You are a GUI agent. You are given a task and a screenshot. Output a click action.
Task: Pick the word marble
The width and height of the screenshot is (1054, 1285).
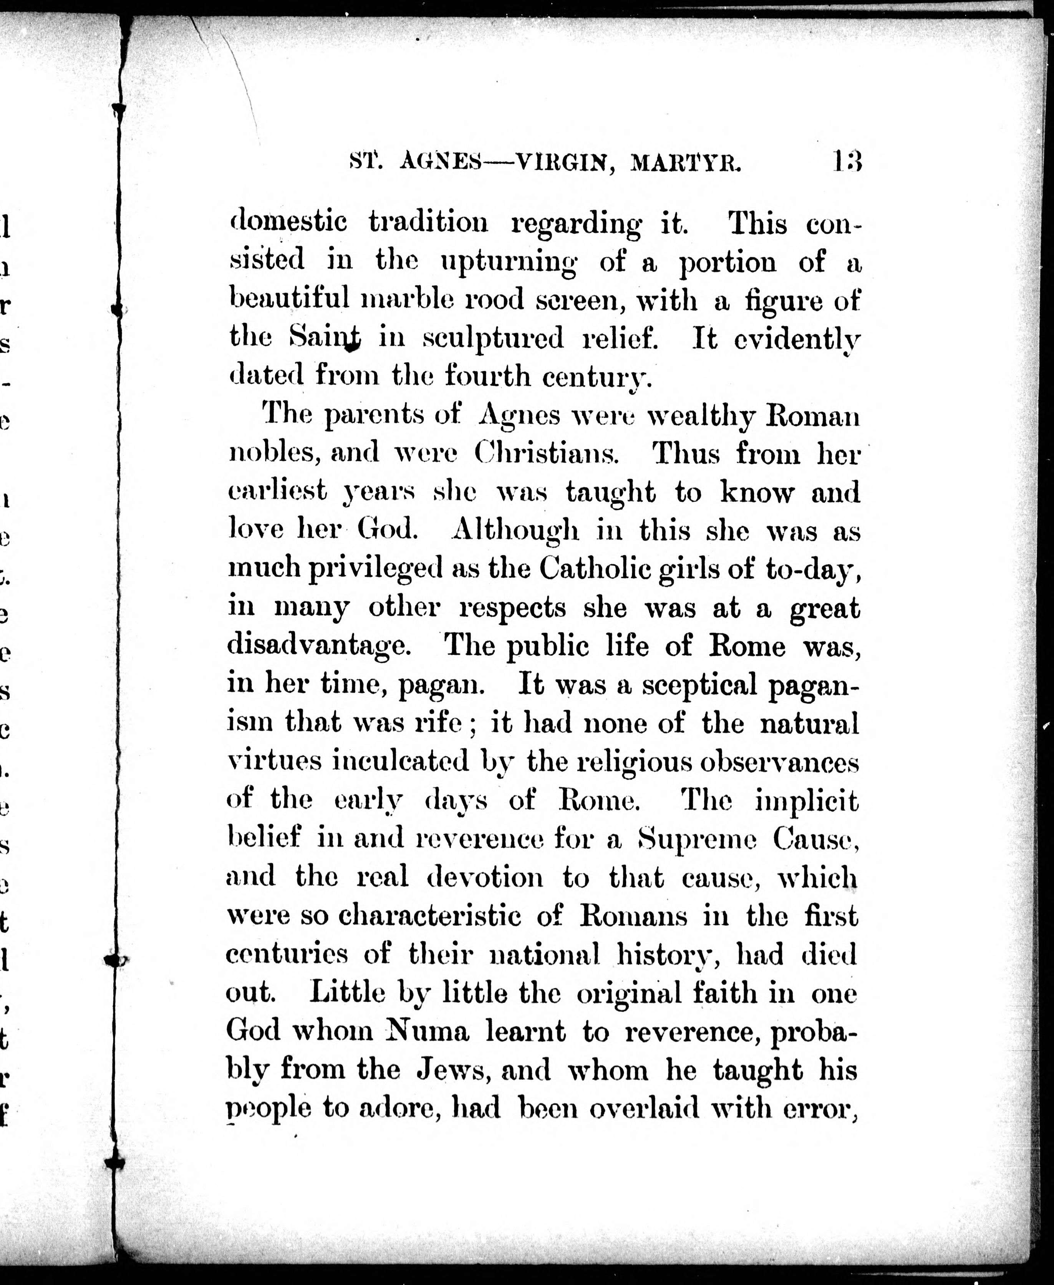point(404,299)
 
